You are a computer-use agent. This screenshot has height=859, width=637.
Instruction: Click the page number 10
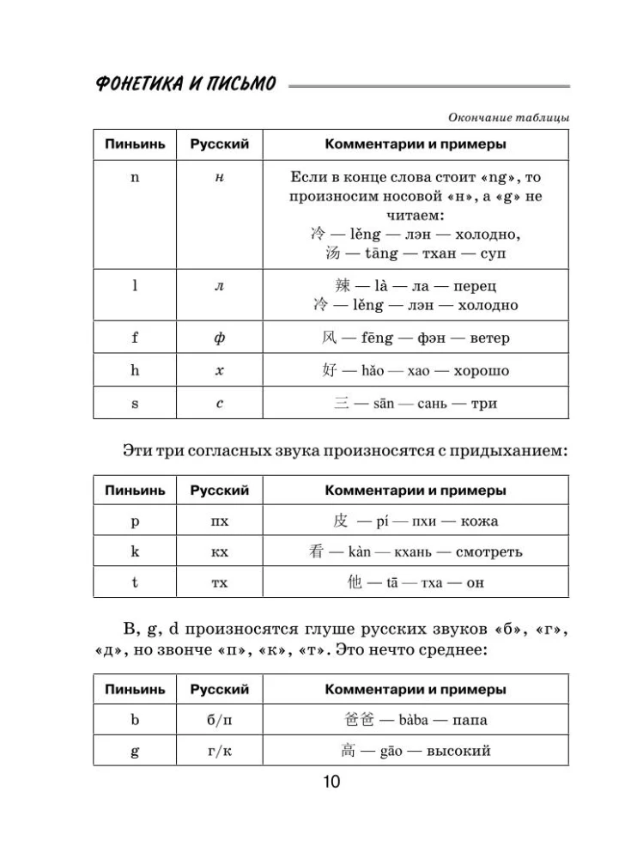tap(331, 782)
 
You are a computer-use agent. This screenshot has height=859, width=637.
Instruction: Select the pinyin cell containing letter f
tap(135, 338)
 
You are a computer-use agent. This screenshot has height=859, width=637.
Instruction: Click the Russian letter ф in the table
tap(219, 338)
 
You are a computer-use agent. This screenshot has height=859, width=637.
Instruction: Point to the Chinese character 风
tap(319, 338)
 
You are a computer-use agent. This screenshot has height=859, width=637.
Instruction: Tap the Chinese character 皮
tap(341, 521)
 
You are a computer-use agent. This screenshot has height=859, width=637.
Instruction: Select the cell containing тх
tap(219, 582)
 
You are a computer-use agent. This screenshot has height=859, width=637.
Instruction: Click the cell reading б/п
tap(219, 720)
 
